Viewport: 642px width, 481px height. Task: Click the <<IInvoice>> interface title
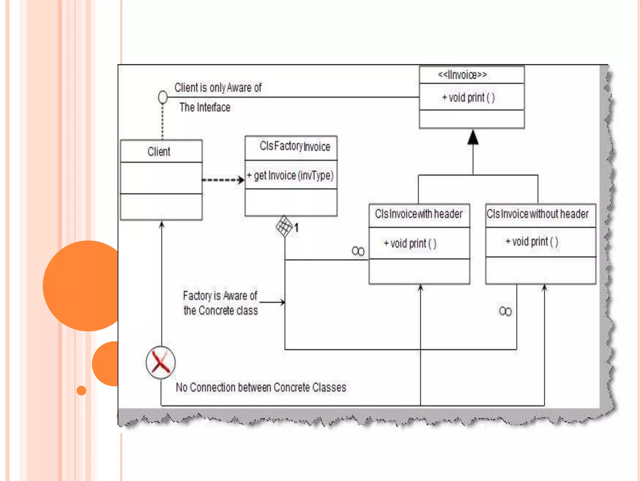[462, 75]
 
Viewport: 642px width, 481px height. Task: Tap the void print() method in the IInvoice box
[469, 98]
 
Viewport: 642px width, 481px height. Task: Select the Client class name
[159, 152]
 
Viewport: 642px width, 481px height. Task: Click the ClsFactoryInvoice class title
[295, 146]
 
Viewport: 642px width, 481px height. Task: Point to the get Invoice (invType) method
[291, 176]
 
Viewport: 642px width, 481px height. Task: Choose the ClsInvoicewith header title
[419, 214]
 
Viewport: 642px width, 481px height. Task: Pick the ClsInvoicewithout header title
[538, 214]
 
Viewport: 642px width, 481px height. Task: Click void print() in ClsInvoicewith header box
[410, 243]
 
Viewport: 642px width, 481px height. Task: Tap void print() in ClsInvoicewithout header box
[532, 242]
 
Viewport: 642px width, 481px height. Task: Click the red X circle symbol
[160, 363]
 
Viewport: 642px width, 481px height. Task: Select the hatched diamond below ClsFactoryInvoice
[284, 226]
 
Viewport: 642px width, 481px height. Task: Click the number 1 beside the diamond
[297, 228]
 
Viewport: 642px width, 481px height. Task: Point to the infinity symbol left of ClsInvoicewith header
[358, 251]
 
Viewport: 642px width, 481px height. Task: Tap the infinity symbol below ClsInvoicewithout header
[505, 311]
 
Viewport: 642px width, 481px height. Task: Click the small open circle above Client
[163, 97]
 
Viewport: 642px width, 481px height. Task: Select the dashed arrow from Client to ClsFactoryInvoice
[223, 180]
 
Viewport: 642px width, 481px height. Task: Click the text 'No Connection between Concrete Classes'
[261, 387]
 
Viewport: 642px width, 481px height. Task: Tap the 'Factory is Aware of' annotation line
[220, 296]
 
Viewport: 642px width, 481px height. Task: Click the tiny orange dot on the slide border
[82, 390]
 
